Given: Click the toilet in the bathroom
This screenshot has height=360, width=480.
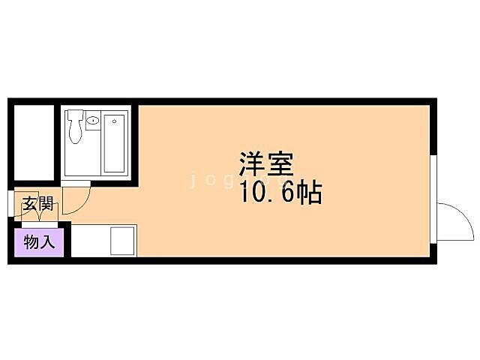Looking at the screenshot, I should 76,129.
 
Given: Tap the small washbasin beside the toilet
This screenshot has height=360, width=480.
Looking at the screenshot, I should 93,120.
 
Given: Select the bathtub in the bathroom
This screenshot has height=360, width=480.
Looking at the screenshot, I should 115,142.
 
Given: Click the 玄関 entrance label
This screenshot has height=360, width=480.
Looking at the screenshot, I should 37,203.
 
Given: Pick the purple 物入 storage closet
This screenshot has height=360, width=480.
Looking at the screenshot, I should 38,241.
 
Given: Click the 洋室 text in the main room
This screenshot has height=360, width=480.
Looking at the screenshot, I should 265,164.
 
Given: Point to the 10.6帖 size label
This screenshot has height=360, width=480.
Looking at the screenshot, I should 280,193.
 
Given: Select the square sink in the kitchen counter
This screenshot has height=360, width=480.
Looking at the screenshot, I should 122,241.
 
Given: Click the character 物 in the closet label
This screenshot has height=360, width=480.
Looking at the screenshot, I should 31,241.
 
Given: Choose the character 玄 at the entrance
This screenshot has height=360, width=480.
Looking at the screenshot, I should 28,203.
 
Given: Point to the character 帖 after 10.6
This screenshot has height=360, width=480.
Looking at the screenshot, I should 309,193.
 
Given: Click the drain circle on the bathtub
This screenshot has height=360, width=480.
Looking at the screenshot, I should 115,118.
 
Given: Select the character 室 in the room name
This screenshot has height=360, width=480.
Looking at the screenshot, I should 279,164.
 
